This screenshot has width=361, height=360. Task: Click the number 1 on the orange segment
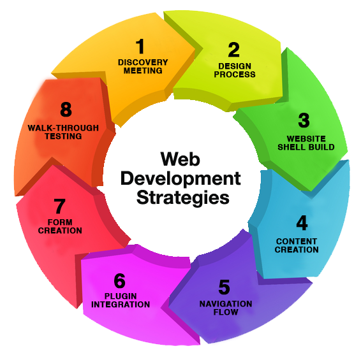click(140, 46)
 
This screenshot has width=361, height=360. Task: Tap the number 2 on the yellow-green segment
click(234, 50)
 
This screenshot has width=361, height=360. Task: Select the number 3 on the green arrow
click(304, 120)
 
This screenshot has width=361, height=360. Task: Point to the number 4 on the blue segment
click(302, 222)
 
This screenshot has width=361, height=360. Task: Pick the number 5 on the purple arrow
click(224, 287)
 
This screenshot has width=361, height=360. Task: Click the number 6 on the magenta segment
click(119, 280)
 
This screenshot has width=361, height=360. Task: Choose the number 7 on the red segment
click(59, 206)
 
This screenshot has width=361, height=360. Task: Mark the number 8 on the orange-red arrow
click(66, 109)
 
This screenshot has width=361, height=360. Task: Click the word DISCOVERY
click(143, 62)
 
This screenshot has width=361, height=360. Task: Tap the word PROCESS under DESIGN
click(235, 75)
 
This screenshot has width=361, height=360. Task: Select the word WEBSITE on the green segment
click(306, 139)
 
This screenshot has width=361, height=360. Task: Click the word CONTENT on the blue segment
click(297, 241)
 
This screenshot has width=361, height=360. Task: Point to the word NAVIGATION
click(226, 304)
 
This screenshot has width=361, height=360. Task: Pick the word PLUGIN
click(121, 296)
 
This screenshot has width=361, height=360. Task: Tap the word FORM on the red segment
click(60, 222)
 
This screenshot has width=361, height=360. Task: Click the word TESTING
click(63, 136)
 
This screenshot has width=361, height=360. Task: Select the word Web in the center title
click(180, 159)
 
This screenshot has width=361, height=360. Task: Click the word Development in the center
click(180, 179)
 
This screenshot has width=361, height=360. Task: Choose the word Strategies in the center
click(183, 198)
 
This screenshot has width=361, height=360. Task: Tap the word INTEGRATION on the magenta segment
click(121, 305)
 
